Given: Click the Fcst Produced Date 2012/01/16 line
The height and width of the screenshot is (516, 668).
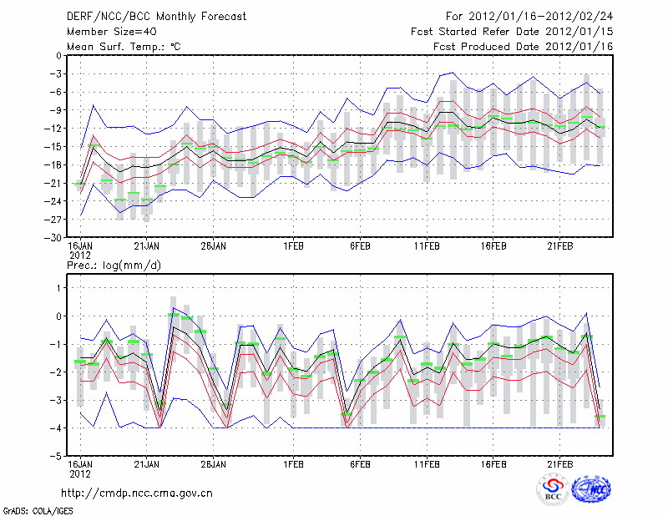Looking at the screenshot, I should point(523,47).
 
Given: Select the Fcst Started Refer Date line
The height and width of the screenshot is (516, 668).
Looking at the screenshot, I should point(512,32).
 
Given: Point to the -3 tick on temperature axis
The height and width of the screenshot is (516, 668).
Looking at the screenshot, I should point(57,74).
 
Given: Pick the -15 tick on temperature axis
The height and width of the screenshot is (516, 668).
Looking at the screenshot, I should point(55,147).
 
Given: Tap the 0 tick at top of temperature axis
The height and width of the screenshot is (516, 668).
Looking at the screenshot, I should point(59,56).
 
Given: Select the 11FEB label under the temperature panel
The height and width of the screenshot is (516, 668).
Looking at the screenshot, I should point(427,247).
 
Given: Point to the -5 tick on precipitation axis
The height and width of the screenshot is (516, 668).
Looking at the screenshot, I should point(57,456).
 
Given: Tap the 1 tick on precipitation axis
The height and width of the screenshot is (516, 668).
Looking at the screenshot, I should point(59,288).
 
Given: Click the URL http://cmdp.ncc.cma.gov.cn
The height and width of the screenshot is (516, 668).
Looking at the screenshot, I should point(137,493).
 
